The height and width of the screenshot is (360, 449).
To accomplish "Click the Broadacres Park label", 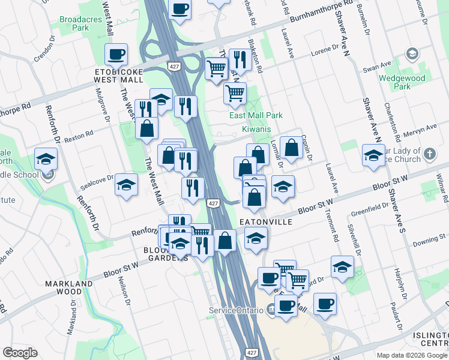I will coord(74,23).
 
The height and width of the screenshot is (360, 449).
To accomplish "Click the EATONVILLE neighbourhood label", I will coord(266,221).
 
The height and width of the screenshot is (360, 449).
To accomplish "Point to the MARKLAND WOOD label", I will coord(70,287).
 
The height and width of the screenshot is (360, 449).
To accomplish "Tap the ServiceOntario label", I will coord(235,310).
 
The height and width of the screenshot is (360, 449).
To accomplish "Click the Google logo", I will coord(20,353).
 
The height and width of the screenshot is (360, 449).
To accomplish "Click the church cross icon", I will coord(429,154).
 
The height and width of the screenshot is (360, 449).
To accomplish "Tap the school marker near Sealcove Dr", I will coord(127,185).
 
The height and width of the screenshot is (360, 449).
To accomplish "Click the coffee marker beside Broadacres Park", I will coord(116,55).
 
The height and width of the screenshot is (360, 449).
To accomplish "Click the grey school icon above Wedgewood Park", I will coord(412,54).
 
